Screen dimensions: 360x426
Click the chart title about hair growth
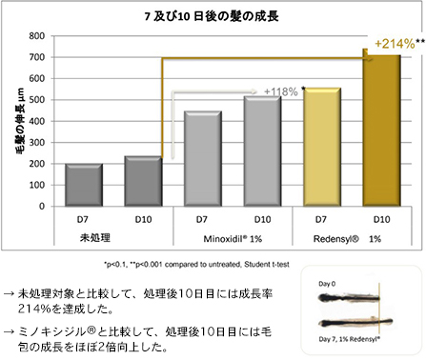(213, 16)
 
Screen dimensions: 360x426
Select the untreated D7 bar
(84, 184)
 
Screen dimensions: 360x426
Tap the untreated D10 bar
(143, 181)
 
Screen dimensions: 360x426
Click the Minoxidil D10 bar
(261, 150)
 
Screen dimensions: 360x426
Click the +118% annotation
(281, 91)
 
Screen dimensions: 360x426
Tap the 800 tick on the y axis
(36, 36)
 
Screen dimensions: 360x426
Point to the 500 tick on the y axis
(36, 100)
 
